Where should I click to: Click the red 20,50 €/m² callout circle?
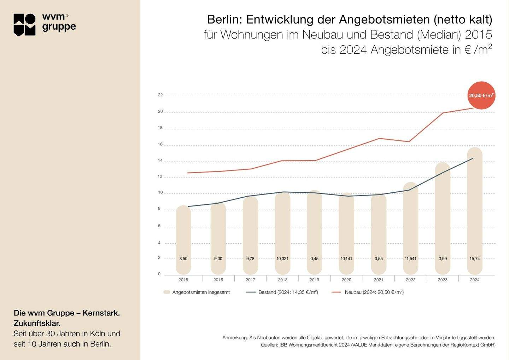pos(481,95)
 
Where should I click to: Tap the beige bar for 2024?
pos(474,212)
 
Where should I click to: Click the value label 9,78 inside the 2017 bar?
pos(250,259)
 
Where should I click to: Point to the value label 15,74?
pos(474,259)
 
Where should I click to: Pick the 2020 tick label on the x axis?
pos(346,280)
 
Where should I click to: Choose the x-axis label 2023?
pos(443,280)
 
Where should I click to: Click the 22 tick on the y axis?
pos(160,95)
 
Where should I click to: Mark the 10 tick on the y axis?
pos(160,192)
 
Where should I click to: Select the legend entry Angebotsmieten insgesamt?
pos(201,292)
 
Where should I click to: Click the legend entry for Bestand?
pos(288,292)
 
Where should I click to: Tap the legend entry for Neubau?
pos(374,292)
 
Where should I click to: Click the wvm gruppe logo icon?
pos(25,25)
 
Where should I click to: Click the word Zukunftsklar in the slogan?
pos(36,323)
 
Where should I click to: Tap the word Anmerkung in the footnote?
pos(235,338)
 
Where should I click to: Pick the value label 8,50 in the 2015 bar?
pos(183,259)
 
